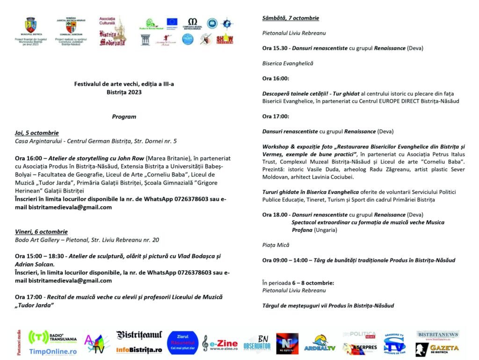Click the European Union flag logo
click(x=172, y=22)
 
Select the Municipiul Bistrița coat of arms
click(x=30, y=25)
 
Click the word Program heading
click(x=124, y=117)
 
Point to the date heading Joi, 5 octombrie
click(x=36, y=133)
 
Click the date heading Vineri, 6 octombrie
click(x=41, y=232)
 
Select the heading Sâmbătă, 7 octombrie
click(x=290, y=18)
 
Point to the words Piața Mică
click(x=276, y=245)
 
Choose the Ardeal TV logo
click(x=320, y=344)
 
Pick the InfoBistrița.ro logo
click(x=139, y=350)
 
